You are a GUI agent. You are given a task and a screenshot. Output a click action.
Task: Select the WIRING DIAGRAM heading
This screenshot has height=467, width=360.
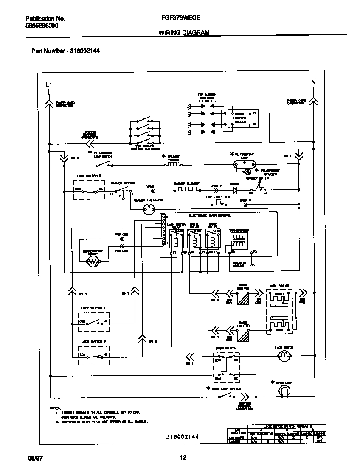[183, 32]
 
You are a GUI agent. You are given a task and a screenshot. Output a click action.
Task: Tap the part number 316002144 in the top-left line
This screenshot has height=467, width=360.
[83, 51]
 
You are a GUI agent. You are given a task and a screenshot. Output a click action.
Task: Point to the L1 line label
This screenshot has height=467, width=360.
[48, 84]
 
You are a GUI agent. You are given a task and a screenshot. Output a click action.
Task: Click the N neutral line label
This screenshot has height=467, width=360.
[313, 82]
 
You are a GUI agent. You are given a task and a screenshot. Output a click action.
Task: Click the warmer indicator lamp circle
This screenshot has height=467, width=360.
[148, 208]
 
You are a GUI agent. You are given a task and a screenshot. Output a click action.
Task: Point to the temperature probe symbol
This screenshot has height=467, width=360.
[93, 262]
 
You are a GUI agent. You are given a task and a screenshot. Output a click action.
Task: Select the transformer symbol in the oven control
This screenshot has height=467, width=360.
[239, 240]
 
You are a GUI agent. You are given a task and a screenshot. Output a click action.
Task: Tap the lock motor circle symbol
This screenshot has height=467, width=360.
[283, 357]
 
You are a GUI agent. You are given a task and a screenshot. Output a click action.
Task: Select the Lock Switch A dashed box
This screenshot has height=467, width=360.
[93, 321]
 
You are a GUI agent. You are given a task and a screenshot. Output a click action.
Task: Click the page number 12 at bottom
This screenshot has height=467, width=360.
[183, 458]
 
